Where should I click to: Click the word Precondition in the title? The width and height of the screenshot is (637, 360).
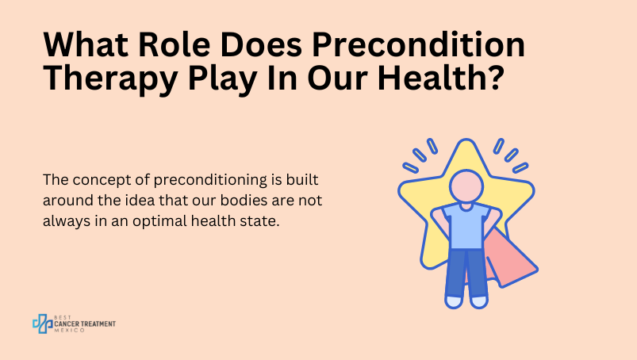[419, 44]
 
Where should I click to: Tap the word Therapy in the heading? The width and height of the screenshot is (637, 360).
[110, 79]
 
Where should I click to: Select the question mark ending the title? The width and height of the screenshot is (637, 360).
[494, 77]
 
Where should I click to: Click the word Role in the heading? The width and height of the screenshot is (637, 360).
[175, 44]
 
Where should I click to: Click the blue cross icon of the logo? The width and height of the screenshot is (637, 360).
[43, 324]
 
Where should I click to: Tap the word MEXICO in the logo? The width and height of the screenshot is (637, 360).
[70, 331]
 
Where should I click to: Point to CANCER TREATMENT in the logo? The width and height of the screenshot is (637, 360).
[85, 324]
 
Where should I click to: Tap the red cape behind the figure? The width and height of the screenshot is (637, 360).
[510, 259]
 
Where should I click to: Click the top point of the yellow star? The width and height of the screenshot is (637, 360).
[466, 140]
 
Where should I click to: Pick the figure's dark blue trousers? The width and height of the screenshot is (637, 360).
[466, 273]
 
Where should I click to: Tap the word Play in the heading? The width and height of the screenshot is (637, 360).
[222, 79]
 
